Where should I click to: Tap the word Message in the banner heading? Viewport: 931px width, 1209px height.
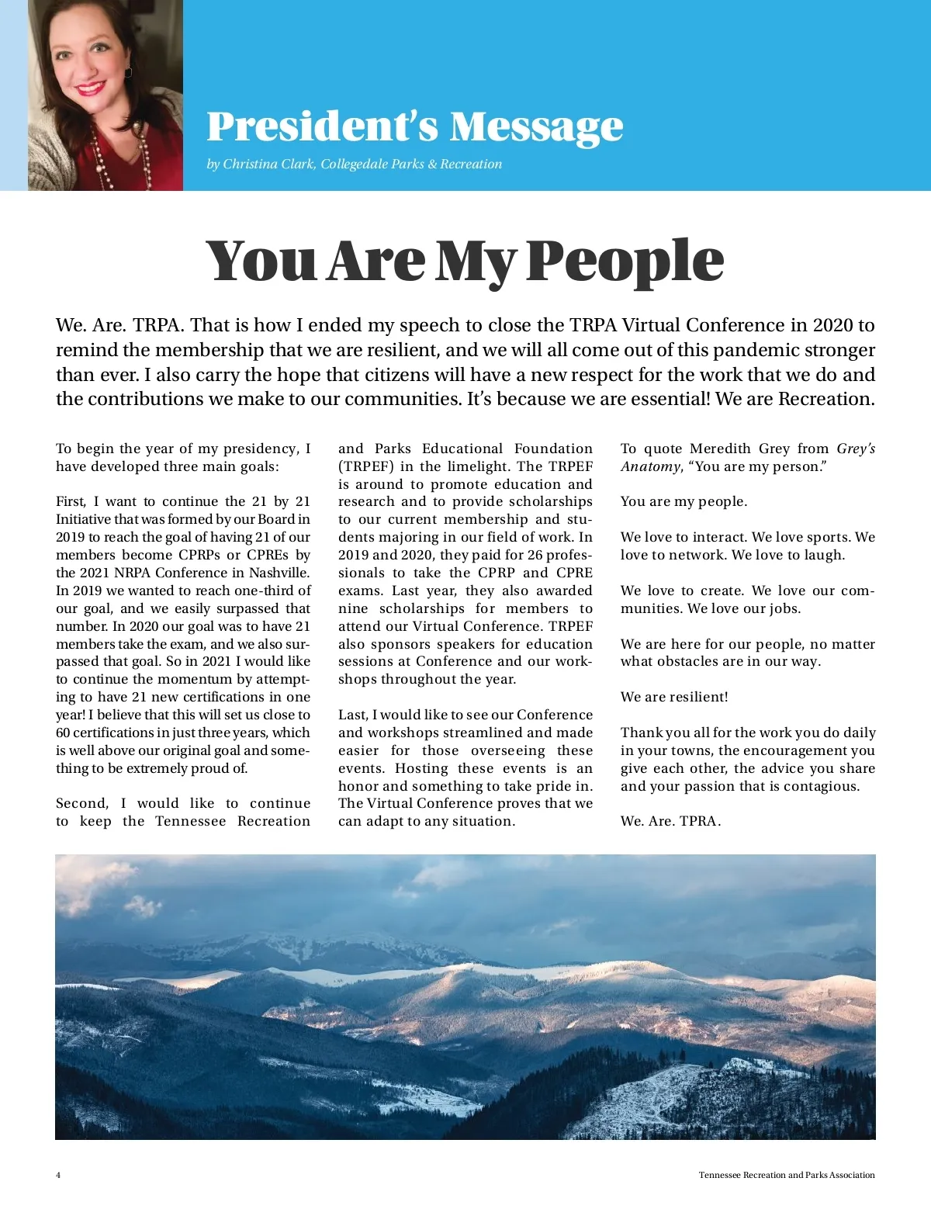click(x=536, y=126)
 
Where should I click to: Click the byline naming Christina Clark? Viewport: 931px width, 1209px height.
click(x=354, y=164)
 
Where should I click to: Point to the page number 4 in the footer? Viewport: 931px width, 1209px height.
click(x=58, y=1175)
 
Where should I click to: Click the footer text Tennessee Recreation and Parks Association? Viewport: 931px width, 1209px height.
click(x=786, y=1175)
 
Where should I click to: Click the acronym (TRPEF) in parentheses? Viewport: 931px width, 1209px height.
click(x=365, y=466)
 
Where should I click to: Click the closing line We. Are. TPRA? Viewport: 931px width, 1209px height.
click(x=670, y=821)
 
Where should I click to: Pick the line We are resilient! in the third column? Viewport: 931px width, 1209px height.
click(x=673, y=697)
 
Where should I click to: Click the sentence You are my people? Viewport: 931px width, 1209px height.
click(x=684, y=501)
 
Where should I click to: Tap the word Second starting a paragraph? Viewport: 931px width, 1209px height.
click(x=81, y=803)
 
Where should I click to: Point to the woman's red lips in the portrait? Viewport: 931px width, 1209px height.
click(x=91, y=88)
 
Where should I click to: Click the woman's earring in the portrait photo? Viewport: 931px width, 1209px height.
click(x=128, y=72)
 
